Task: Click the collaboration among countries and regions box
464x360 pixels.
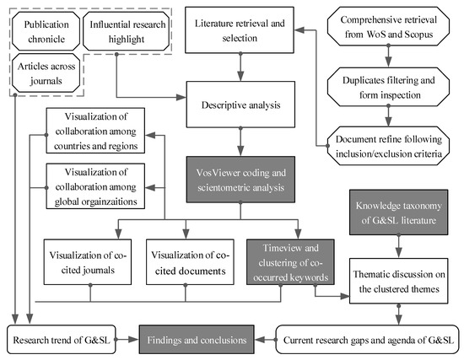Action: tap(93, 132)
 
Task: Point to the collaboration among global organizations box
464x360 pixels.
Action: tap(93, 183)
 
